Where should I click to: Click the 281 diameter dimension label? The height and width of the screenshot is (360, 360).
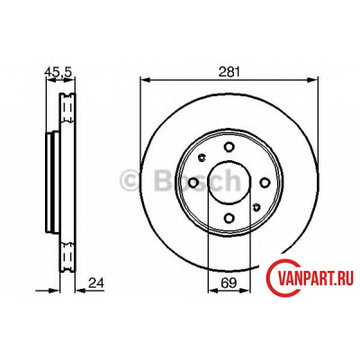pyautogui.click(x=229, y=72)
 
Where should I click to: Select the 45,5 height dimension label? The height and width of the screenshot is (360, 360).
pyautogui.click(x=58, y=72)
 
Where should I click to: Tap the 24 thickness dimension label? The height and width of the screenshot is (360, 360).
pyautogui.click(x=96, y=283)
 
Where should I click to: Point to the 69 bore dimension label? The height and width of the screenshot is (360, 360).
pyautogui.click(x=229, y=283)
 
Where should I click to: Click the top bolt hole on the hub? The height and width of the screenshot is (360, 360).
pyautogui.click(x=229, y=147)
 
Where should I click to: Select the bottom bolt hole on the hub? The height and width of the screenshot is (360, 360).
pyautogui.click(x=229, y=218)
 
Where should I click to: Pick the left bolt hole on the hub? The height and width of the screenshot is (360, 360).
pyautogui.click(x=193, y=183)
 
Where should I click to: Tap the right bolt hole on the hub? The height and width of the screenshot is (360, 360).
pyautogui.click(x=265, y=183)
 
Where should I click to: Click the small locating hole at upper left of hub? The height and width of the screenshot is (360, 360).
pyautogui.click(x=202, y=157)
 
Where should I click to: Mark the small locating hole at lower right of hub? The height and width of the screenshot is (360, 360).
pyautogui.click(x=256, y=207)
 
